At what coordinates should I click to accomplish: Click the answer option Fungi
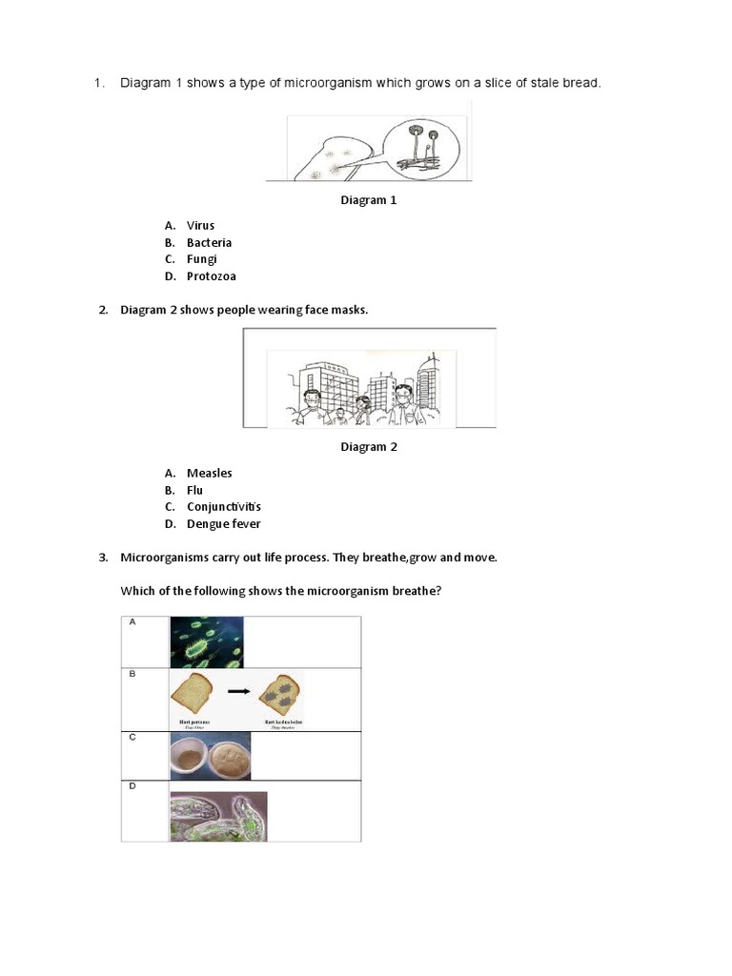[x=202, y=259]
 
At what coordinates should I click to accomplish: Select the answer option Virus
[x=200, y=225]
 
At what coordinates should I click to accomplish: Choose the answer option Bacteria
[x=209, y=242]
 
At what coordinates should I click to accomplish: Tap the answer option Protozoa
[x=211, y=276]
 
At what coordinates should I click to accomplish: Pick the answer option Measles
[x=209, y=473]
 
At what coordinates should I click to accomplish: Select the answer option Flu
[x=194, y=490]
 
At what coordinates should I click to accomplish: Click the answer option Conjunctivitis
[x=223, y=507]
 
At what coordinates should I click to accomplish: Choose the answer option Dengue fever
[x=223, y=524]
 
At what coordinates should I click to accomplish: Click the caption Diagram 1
[x=369, y=200]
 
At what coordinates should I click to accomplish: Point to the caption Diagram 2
[x=369, y=447]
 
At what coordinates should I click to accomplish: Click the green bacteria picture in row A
[x=207, y=641]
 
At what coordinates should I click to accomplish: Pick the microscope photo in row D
[x=218, y=817]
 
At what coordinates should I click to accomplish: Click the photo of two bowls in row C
[x=211, y=756]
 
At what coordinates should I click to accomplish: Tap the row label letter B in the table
[x=132, y=674]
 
